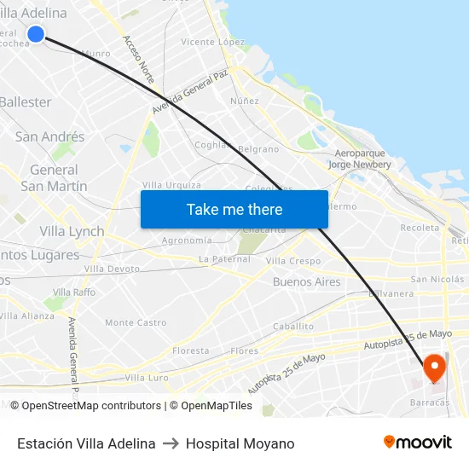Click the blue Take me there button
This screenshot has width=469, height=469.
(x=234, y=209)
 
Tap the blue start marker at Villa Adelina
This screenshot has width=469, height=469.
(x=36, y=34)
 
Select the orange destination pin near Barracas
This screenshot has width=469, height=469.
(x=434, y=368)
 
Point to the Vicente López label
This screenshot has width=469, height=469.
(x=212, y=42)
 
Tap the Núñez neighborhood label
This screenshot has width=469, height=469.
(x=245, y=101)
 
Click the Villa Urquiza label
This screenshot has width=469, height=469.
(x=171, y=185)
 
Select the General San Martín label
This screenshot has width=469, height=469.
(x=54, y=177)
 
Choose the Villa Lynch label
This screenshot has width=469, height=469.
(x=72, y=231)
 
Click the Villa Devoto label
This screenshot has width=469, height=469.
(x=112, y=269)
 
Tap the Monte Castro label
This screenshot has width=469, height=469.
(x=136, y=322)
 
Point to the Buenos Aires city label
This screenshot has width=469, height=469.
(x=306, y=281)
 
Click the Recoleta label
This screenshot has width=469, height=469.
(x=420, y=228)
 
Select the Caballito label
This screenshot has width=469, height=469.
(x=293, y=326)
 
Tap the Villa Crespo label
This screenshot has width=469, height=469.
(x=293, y=261)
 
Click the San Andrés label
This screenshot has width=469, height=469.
(x=49, y=136)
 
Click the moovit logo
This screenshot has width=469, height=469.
(x=417, y=442)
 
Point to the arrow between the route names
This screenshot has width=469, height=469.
(x=171, y=443)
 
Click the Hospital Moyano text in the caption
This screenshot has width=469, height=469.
(x=240, y=443)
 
